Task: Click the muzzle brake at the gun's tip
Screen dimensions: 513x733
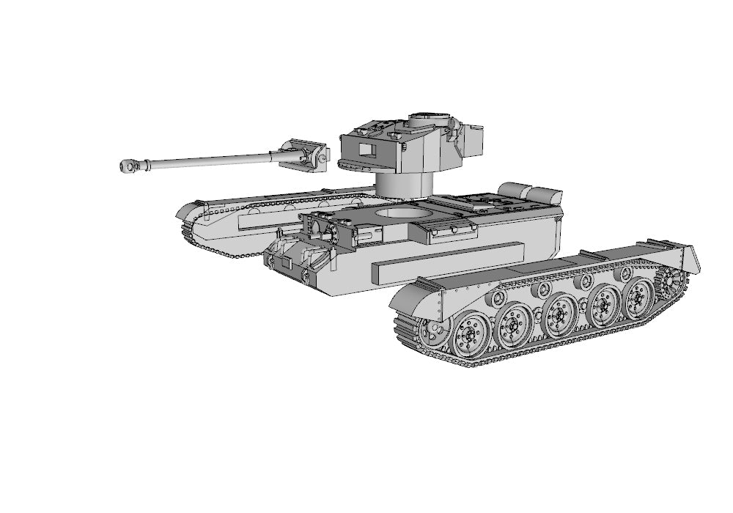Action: [x=130, y=166]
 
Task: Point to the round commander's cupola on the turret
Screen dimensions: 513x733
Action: [x=428, y=119]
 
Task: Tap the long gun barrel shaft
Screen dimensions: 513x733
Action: [x=213, y=159]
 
